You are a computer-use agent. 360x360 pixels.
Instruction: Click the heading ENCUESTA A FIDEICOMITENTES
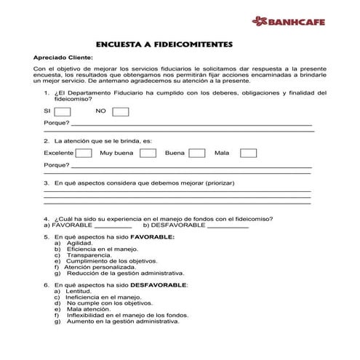[x=164, y=44]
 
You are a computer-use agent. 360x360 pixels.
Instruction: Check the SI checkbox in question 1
[x=63, y=111]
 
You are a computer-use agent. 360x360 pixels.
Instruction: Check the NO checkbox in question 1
[x=121, y=111]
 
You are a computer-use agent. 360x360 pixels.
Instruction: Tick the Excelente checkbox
[x=84, y=153]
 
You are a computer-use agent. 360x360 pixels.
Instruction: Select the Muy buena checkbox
[x=148, y=153]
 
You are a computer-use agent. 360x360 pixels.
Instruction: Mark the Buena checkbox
[x=196, y=153]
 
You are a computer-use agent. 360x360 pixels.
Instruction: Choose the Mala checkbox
[x=248, y=153]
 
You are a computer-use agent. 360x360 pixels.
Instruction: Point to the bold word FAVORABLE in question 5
[x=153, y=237]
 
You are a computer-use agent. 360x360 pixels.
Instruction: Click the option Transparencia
[x=89, y=255]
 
